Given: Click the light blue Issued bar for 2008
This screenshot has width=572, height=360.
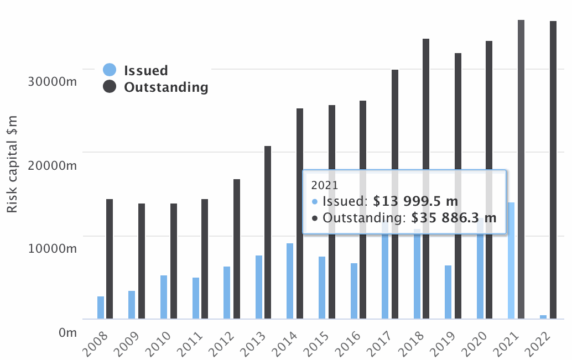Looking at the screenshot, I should click(101, 307).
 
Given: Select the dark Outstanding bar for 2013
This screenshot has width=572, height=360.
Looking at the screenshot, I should click(268, 232).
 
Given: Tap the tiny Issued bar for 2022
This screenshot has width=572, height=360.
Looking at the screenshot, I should click(543, 316).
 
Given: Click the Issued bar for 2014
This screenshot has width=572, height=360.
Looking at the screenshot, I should click(290, 281).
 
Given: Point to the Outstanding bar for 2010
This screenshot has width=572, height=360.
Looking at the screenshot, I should click(174, 261).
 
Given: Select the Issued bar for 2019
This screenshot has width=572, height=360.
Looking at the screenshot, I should click(448, 292).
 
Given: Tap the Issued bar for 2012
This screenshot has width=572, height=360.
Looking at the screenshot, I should click(227, 293).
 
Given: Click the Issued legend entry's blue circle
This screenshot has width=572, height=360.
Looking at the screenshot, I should click(110, 70).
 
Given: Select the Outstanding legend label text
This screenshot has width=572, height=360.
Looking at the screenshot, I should click(166, 87).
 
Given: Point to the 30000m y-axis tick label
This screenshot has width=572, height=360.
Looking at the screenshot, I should click(51, 81).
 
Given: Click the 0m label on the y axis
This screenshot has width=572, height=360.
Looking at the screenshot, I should click(67, 332).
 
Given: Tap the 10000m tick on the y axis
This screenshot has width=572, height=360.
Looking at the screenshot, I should click(51, 249).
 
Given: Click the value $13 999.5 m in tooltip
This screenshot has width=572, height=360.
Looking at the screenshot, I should click(415, 201).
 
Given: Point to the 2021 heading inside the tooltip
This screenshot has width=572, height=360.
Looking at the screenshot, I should click(324, 185).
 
